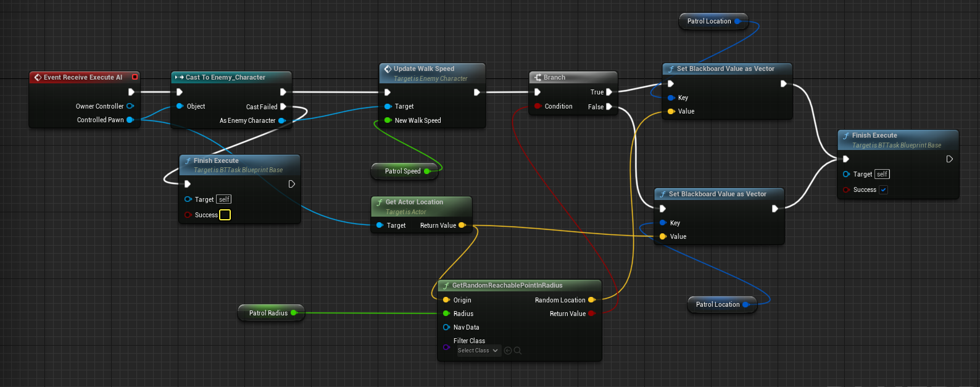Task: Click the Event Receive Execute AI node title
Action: pyautogui.click(x=83, y=77)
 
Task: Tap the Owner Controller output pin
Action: pyautogui.click(x=130, y=106)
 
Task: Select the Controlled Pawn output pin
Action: pyautogui.click(x=130, y=120)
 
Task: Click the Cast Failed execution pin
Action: pyautogui.click(x=283, y=107)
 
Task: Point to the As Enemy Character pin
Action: pyautogui.click(x=281, y=120)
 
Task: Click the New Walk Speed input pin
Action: pyautogui.click(x=388, y=120)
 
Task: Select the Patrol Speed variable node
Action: pyautogui.click(x=403, y=171)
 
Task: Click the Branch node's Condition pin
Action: pyautogui.click(x=538, y=106)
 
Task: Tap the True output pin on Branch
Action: pyautogui.click(x=609, y=92)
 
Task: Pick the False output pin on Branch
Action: pyautogui.click(x=609, y=107)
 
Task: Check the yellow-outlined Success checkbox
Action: pyautogui.click(x=225, y=215)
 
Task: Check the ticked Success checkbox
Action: pyautogui.click(x=884, y=189)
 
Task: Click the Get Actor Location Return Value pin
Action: pyautogui.click(x=462, y=225)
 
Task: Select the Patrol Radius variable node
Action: pyautogui.click(x=268, y=313)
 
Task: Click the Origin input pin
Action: pyautogui.click(x=446, y=300)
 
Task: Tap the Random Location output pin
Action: pyautogui.click(x=591, y=300)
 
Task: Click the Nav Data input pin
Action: pyautogui.click(x=446, y=327)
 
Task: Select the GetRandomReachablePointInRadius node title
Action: pyautogui.click(x=507, y=285)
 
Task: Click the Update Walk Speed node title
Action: pyautogui.click(x=423, y=69)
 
